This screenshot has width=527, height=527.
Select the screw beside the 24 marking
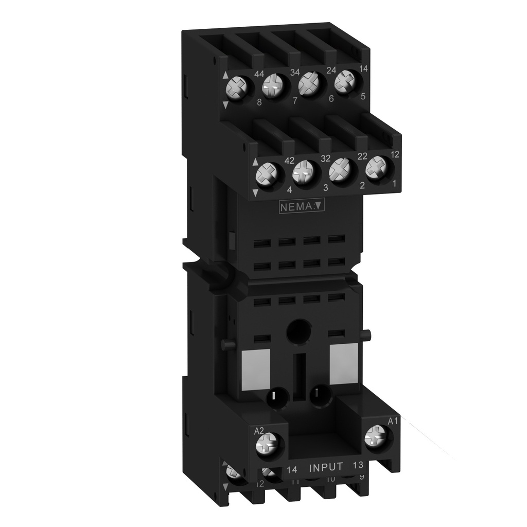309,83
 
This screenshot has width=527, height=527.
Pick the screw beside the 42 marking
267,174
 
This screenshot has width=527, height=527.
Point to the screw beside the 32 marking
303,172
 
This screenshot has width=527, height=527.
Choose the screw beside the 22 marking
340,169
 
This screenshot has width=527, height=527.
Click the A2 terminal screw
269,442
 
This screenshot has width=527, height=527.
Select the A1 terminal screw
375,438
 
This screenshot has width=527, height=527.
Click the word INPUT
326,467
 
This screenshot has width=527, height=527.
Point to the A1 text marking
393,421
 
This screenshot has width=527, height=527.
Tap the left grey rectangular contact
256,367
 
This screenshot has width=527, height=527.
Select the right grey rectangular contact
343,364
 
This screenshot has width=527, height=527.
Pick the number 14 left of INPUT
292,469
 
